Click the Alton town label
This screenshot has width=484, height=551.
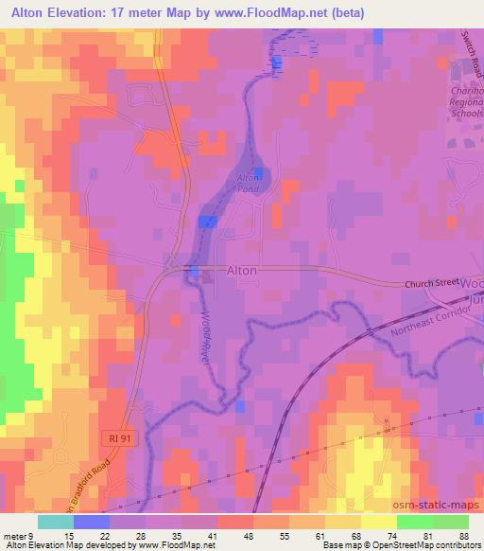pos(241,271)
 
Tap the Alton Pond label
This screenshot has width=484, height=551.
pos(248,183)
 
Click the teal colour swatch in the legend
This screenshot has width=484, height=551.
pos(55,522)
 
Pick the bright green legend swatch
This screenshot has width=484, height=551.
pos(414,522)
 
